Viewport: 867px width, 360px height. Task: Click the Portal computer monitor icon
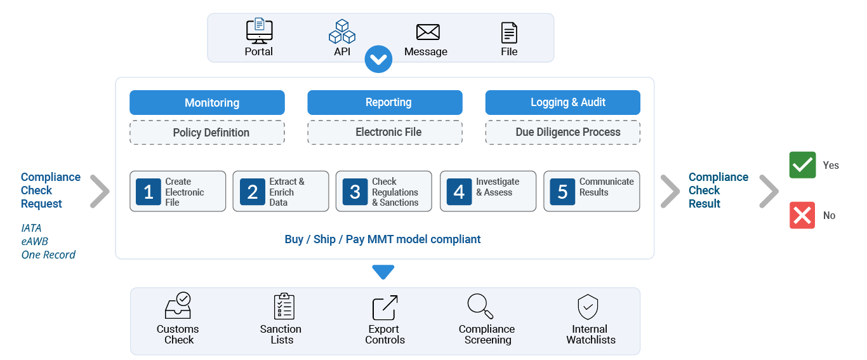click(x=260, y=30)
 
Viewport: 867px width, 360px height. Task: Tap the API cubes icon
click(x=342, y=31)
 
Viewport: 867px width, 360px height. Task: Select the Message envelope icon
click(x=428, y=32)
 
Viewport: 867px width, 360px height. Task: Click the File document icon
click(x=509, y=32)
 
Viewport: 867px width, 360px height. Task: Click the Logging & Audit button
click(x=563, y=103)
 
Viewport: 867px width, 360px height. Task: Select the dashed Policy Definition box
click(x=207, y=133)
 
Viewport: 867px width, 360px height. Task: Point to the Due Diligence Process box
click(x=563, y=133)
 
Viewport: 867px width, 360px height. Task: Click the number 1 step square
click(x=149, y=192)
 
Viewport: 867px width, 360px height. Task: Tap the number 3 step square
click(x=355, y=192)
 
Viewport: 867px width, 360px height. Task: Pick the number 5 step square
click(x=562, y=192)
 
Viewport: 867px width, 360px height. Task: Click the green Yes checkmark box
click(x=802, y=165)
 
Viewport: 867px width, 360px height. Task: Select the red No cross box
click(x=802, y=215)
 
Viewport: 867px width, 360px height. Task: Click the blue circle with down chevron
click(x=378, y=59)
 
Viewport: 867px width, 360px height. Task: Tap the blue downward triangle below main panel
click(x=383, y=272)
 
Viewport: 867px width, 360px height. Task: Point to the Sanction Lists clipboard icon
click(x=284, y=306)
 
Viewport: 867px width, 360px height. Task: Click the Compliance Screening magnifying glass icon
click(x=480, y=306)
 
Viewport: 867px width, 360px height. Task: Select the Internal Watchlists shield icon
click(x=588, y=307)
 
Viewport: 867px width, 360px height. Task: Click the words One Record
click(x=48, y=255)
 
